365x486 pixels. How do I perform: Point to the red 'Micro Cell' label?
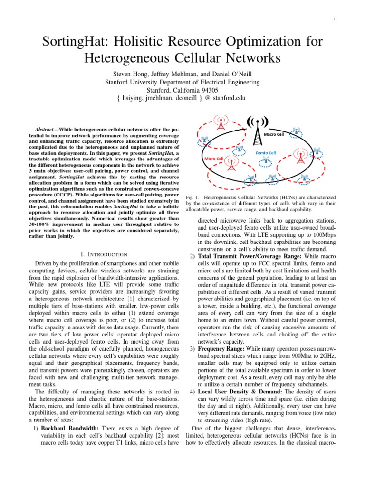214,158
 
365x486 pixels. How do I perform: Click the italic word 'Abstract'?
47,130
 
